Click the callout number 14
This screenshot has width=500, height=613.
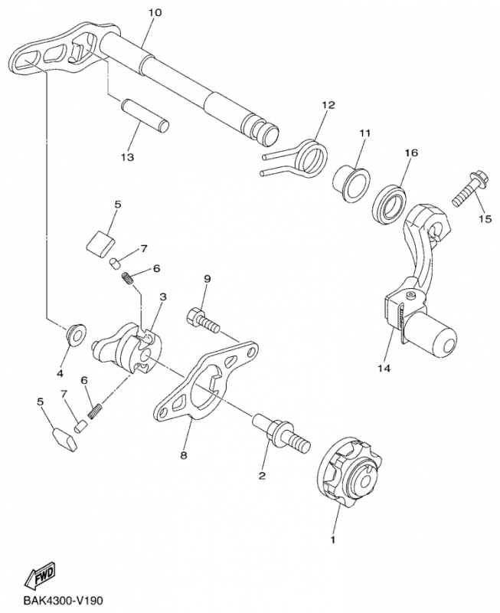point(384,369)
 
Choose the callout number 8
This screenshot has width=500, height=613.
point(184,455)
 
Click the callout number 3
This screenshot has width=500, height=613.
point(162,296)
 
